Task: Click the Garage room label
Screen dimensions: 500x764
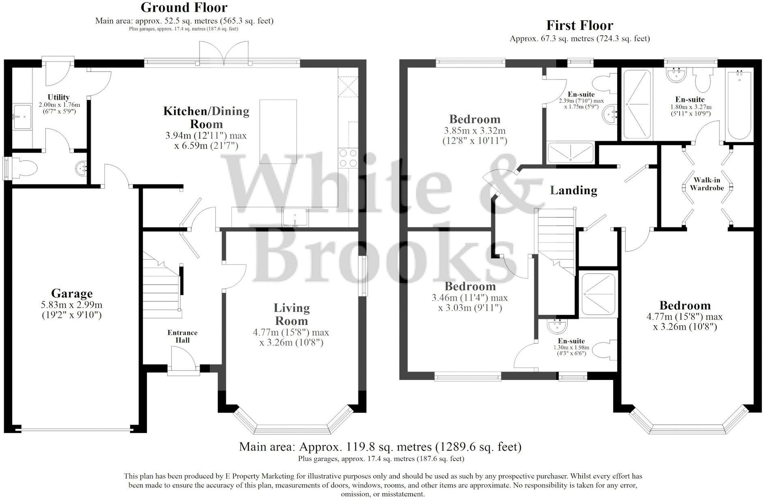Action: [72, 293]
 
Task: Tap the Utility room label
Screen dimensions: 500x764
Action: [58, 97]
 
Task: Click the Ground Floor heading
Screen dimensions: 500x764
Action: [184, 7]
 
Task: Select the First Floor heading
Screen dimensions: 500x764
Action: [579, 25]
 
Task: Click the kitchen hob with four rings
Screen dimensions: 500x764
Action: [348, 158]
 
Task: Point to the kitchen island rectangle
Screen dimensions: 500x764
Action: [278, 132]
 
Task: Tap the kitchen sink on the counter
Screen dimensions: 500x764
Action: [295, 217]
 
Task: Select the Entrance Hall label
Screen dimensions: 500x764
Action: [182, 336]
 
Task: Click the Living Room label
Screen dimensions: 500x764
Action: [292, 314]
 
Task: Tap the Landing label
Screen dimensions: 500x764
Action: [573, 190]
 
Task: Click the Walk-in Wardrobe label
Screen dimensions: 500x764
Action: [706, 184]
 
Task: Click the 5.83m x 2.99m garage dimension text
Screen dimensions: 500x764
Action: [72, 310]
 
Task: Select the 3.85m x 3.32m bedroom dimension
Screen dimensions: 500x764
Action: [474, 135]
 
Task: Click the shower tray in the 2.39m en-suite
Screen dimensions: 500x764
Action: [570, 153]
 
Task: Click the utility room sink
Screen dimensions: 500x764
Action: [22, 117]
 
